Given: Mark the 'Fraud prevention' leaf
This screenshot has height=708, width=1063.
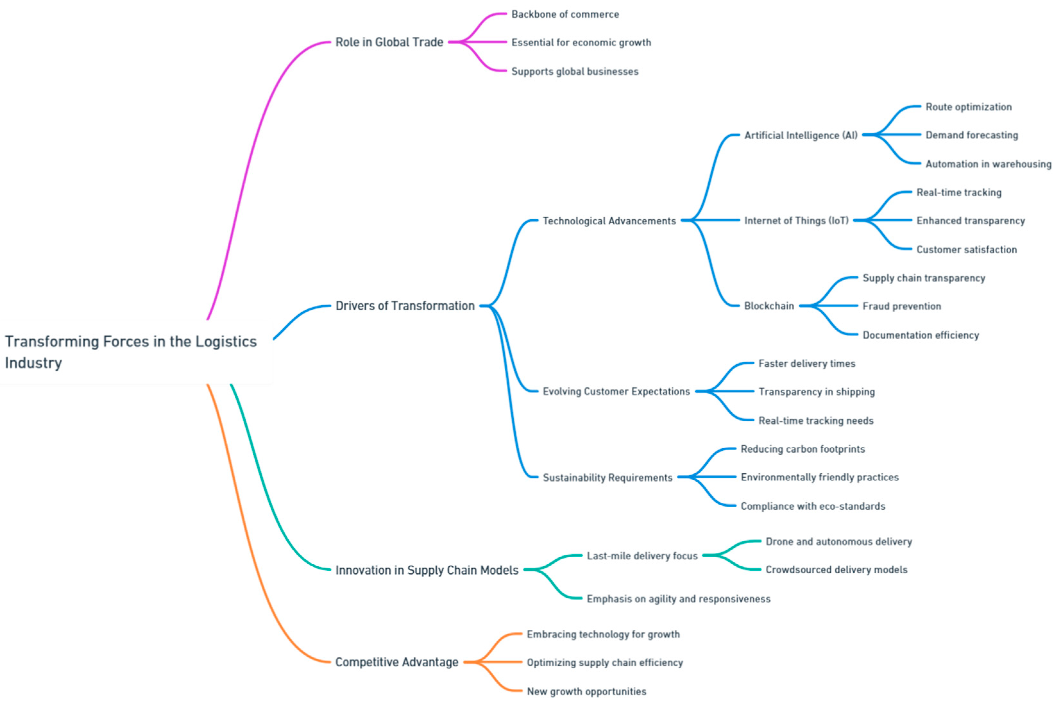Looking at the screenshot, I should pos(901,306).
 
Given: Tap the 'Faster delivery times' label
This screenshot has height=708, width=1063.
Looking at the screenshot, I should pos(806,364).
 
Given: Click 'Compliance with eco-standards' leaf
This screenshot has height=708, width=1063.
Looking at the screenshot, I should pos(812,506).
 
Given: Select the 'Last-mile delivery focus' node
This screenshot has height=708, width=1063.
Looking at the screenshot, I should pos(642,556).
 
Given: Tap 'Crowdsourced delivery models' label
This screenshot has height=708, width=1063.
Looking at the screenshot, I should pos(836,569).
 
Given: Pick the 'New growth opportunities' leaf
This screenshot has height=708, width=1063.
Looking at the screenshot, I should pos(586,691).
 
